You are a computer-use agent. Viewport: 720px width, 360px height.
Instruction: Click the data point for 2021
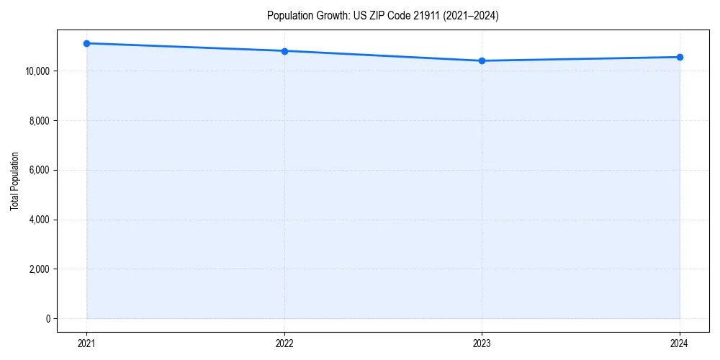(86, 43)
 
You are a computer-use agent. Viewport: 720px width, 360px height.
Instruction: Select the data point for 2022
(284, 51)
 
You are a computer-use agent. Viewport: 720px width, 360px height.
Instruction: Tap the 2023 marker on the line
(482, 60)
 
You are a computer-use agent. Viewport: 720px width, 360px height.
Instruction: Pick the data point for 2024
(680, 57)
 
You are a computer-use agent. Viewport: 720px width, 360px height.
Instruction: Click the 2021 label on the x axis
(86, 343)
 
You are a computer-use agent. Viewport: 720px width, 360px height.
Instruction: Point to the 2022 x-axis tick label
(284, 343)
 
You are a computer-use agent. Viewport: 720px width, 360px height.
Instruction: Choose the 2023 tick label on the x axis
(482, 343)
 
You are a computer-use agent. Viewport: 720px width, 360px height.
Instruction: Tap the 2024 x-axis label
(680, 343)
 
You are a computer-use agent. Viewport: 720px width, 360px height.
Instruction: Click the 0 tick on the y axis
(48, 319)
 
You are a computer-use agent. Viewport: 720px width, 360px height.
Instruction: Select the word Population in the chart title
(288, 16)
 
